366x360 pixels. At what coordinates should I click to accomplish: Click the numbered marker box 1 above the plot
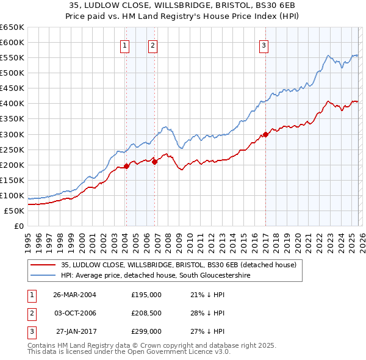124,45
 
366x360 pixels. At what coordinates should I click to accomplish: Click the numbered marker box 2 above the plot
152,45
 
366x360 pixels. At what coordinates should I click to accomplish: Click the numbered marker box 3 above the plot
264,45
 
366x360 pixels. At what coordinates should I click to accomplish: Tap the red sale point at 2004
126,165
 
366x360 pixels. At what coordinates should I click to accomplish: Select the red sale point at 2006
154,162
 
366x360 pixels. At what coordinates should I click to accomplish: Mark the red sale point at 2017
266,134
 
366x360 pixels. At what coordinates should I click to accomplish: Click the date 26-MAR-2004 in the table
75,295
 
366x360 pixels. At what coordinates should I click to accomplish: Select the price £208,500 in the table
146,313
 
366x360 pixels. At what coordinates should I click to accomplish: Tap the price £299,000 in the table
146,331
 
